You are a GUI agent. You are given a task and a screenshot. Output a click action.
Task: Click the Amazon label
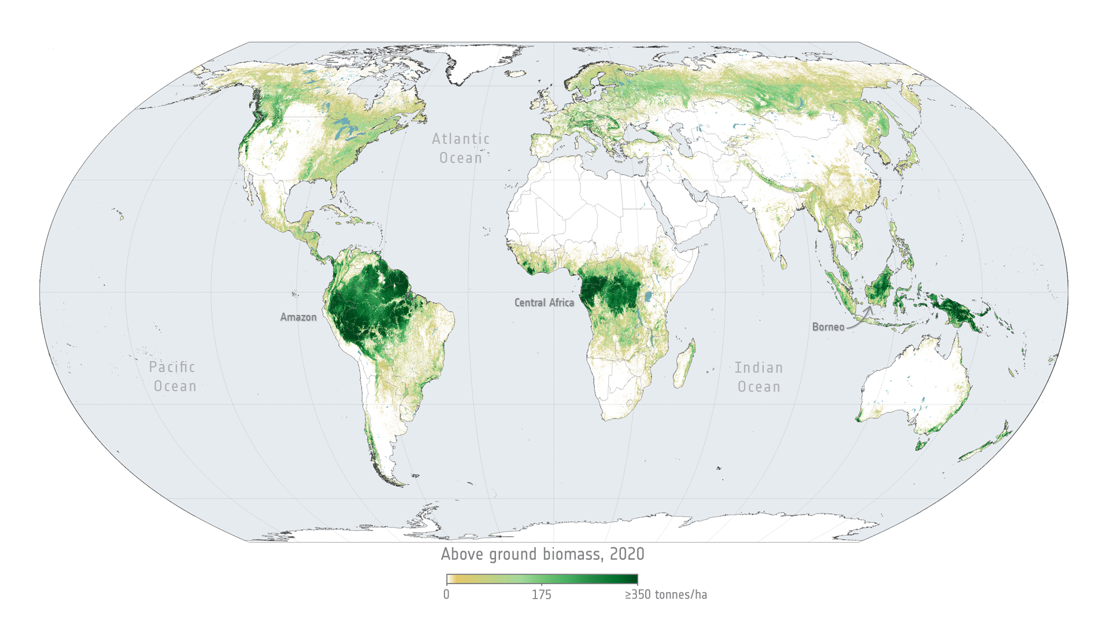coord(298,317)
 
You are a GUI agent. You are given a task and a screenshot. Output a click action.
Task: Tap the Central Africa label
coord(544,303)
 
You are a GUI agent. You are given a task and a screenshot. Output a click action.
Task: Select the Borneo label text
coord(828,327)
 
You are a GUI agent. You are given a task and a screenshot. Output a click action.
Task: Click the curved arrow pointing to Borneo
coord(861,319)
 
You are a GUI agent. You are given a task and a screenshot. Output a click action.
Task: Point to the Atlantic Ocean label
coord(461,148)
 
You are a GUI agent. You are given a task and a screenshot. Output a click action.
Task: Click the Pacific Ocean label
coord(173,377)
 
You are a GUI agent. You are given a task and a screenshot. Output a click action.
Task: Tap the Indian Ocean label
coord(758,377)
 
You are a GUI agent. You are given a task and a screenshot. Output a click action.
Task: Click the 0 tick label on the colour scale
coord(446,595)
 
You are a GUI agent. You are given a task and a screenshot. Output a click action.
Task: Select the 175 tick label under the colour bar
coord(542,595)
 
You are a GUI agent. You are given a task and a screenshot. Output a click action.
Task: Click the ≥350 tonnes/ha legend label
coord(665,595)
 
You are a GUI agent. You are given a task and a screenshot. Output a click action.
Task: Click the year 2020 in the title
coord(627,554)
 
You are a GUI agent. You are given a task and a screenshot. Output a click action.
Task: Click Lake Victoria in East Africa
coord(648,297)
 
